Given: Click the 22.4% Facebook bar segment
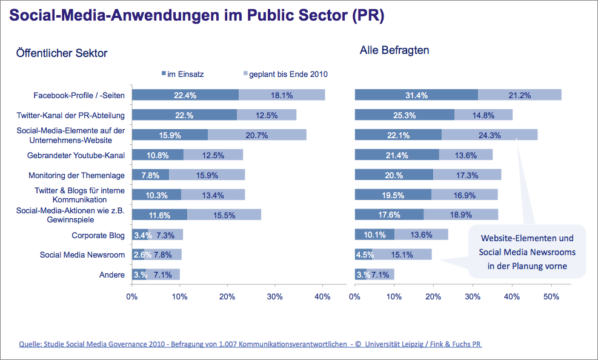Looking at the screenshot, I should click(x=185, y=95).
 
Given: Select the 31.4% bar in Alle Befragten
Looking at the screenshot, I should click(x=416, y=95).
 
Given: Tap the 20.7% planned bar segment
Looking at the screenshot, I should click(x=257, y=135).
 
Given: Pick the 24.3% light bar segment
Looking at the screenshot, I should click(x=490, y=135).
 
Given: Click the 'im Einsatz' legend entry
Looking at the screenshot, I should click(x=183, y=74).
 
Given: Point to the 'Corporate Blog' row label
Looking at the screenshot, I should click(x=98, y=235).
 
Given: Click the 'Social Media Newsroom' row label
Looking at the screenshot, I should click(x=82, y=255).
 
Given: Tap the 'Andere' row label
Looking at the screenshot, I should click(x=111, y=275).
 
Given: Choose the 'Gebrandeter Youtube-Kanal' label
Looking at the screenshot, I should click(x=76, y=155).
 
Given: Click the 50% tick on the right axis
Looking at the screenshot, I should click(x=551, y=297).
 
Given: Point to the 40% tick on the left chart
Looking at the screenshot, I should click(x=322, y=297).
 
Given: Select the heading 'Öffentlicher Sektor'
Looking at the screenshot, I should click(x=62, y=53).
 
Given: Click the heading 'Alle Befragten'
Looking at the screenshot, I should click(x=394, y=50).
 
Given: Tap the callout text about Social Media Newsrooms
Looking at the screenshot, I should click(x=527, y=252).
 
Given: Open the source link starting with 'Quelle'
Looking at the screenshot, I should click(x=250, y=344).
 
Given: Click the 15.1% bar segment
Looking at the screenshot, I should click(x=403, y=255).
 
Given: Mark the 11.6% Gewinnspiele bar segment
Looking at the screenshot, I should click(x=160, y=215).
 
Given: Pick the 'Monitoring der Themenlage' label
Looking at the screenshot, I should click(x=76, y=175).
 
